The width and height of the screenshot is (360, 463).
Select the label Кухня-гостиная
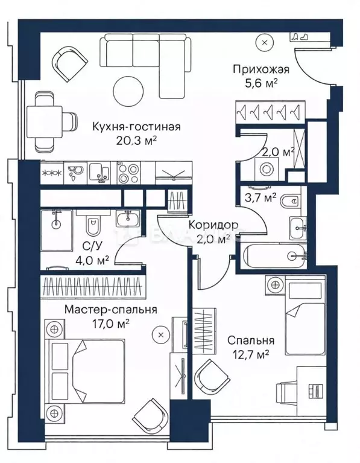[x=137, y=127]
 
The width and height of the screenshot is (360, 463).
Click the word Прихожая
[x=262, y=69]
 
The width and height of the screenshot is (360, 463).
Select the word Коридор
[x=213, y=225]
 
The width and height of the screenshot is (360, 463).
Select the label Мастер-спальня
[x=111, y=310]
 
